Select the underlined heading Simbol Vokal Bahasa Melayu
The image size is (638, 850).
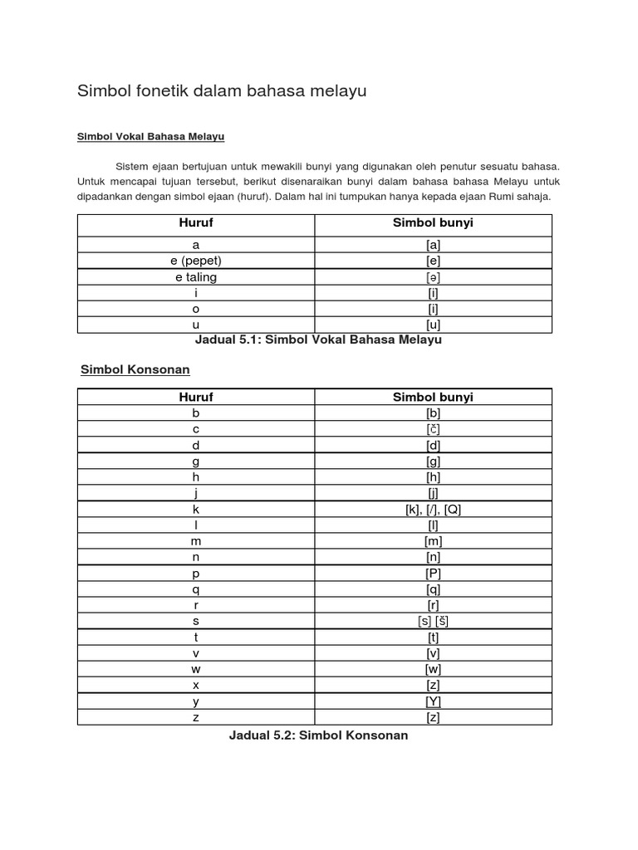coord(150,136)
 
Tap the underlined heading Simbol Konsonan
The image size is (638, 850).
coord(135,369)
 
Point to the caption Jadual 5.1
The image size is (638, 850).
coord(318,340)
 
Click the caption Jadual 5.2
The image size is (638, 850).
coord(318,735)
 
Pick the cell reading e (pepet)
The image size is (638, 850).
coord(196,261)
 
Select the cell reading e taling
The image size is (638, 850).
coord(196,276)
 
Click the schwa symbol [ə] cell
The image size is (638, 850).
coord(433,276)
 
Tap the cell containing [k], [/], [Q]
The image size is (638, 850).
coord(433,509)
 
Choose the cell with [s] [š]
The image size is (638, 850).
coord(433,621)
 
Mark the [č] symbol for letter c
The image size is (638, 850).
coord(433,429)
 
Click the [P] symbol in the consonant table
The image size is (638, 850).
coord(433,573)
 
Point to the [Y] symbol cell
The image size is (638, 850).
coord(433,701)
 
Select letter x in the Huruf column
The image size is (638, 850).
coord(196,685)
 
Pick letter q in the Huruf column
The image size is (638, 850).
coord(196,589)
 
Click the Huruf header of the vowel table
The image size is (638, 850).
coord(196,224)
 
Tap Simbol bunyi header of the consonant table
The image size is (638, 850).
coord(433,397)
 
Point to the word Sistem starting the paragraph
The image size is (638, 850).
coord(133,165)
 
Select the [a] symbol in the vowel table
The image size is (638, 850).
coord(433,245)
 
